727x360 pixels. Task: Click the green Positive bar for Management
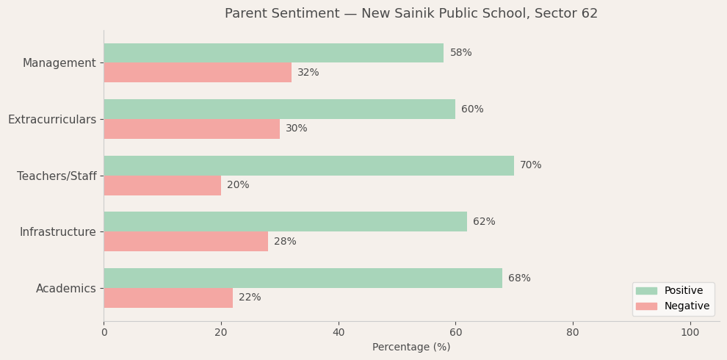[273, 53]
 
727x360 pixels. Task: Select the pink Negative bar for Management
[198, 73]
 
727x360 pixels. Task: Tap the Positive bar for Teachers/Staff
[308, 165]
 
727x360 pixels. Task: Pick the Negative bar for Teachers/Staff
[162, 185]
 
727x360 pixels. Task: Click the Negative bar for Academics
[168, 298]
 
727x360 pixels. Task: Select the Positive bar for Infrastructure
[285, 222]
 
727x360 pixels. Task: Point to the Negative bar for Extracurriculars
[192, 129]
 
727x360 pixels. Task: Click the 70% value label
[530, 165]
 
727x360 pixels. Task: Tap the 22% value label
[250, 298]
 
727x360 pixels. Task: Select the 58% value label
[460, 53]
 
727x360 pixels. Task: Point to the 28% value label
[285, 242]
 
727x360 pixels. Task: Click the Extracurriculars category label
[52, 119]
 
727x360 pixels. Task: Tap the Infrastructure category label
[58, 232]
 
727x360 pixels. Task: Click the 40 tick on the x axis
[339, 333]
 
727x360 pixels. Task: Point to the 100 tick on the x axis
[690, 333]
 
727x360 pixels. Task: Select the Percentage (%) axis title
[411, 348]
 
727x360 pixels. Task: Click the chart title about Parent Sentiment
[411, 14]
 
